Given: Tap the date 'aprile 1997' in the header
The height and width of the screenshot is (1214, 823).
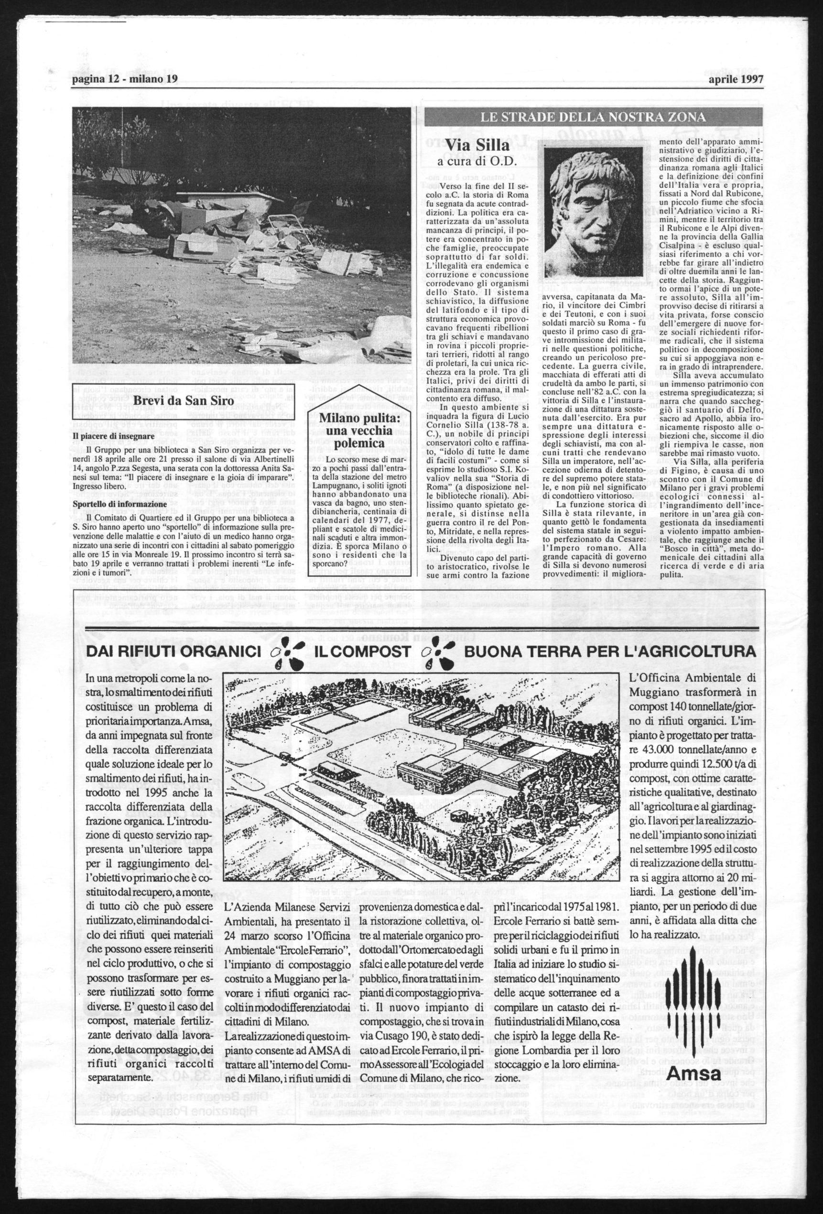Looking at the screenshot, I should [x=736, y=79].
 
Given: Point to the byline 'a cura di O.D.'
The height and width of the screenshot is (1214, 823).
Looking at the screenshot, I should [x=476, y=163].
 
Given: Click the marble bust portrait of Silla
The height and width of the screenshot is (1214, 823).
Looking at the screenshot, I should [x=594, y=212].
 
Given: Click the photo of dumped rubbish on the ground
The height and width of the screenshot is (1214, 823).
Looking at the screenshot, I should [x=241, y=235].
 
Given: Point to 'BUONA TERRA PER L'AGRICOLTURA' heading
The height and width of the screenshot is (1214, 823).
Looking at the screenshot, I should [x=609, y=652].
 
